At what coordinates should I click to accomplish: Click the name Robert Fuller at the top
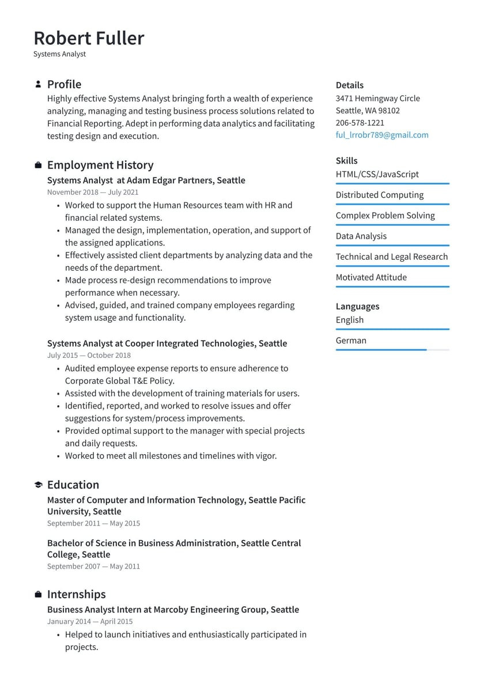[x=89, y=38]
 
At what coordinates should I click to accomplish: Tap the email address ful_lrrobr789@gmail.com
[x=382, y=135]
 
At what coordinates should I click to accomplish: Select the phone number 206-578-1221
[x=360, y=123]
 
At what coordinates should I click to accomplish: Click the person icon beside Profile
[x=38, y=84]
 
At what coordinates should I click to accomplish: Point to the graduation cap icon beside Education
[x=38, y=485]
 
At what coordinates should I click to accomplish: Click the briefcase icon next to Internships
[x=38, y=594]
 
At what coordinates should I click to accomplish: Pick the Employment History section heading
[x=100, y=165]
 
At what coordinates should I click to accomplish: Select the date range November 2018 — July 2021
[x=93, y=192]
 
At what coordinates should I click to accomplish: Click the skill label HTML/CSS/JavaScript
[x=377, y=174]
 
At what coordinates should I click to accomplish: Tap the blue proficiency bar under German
[x=381, y=350]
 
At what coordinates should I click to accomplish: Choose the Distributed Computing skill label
[x=379, y=195]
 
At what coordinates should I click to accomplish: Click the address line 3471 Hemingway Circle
[x=377, y=99]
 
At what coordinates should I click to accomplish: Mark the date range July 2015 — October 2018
[x=89, y=356]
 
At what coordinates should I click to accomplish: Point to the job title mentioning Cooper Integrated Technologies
[x=167, y=343]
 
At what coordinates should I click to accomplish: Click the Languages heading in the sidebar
[x=357, y=307]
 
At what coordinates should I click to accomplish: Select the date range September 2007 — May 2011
[x=93, y=566]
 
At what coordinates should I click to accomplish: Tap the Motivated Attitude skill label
[x=371, y=277]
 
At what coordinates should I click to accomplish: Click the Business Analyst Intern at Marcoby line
[x=173, y=610]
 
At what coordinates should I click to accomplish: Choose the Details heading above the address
[x=349, y=85]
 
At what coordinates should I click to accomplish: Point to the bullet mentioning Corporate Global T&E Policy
[x=176, y=375]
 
